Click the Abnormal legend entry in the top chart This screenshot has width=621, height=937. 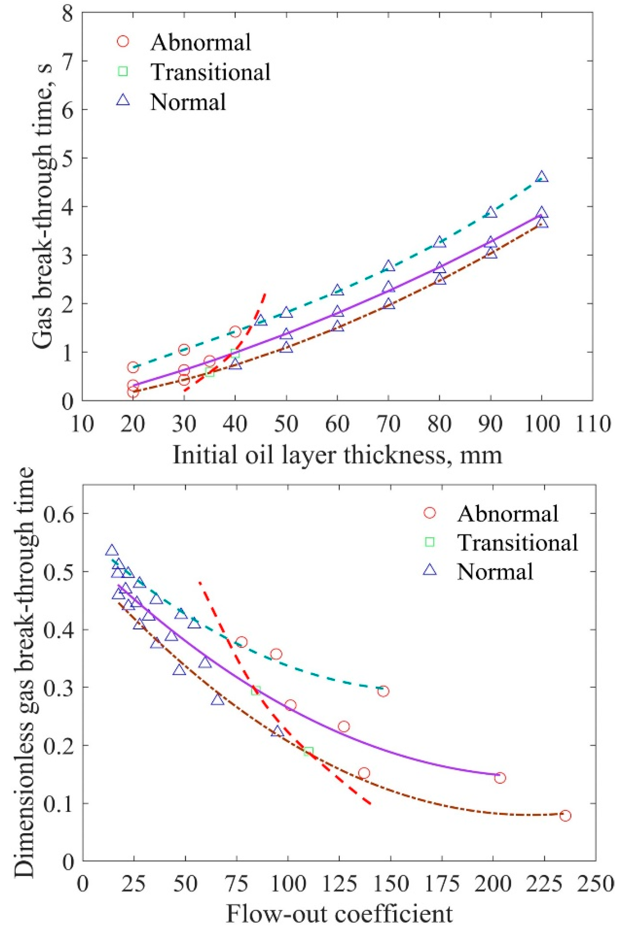(200, 42)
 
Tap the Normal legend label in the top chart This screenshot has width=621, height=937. (188, 102)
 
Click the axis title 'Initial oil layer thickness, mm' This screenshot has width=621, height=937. (337, 455)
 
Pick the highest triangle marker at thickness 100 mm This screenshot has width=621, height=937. (542, 177)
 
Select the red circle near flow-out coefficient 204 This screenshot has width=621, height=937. (500, 778)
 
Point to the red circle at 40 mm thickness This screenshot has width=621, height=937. (235, 332)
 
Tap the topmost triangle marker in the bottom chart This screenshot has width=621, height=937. (112, 551)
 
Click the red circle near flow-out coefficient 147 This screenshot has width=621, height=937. (383, 691)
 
